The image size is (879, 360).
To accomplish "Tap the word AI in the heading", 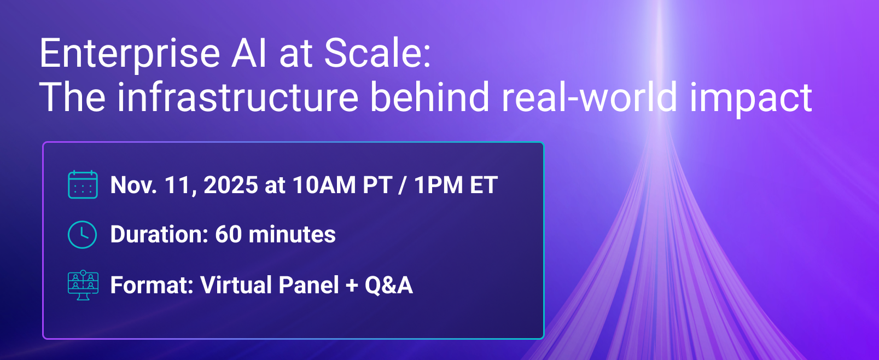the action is click(249, 53).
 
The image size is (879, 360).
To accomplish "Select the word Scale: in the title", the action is click(377, 53).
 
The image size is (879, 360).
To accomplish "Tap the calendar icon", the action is click(83, 184).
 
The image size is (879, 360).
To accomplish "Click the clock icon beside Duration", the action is click(83, 235).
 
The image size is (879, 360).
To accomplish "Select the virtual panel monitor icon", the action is click(83, 285).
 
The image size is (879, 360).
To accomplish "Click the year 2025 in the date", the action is click(231, 184).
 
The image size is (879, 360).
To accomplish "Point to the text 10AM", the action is click(324, 184).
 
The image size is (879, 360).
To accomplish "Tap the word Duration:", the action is click(159, 234).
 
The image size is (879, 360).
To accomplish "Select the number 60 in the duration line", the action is click(229, 234).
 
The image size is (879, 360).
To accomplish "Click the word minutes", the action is click(292, 234).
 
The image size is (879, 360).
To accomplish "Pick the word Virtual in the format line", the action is click(235, 284).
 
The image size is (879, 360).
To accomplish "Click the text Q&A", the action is click(388, 285).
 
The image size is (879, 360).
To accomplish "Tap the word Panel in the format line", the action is click(308, 284).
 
